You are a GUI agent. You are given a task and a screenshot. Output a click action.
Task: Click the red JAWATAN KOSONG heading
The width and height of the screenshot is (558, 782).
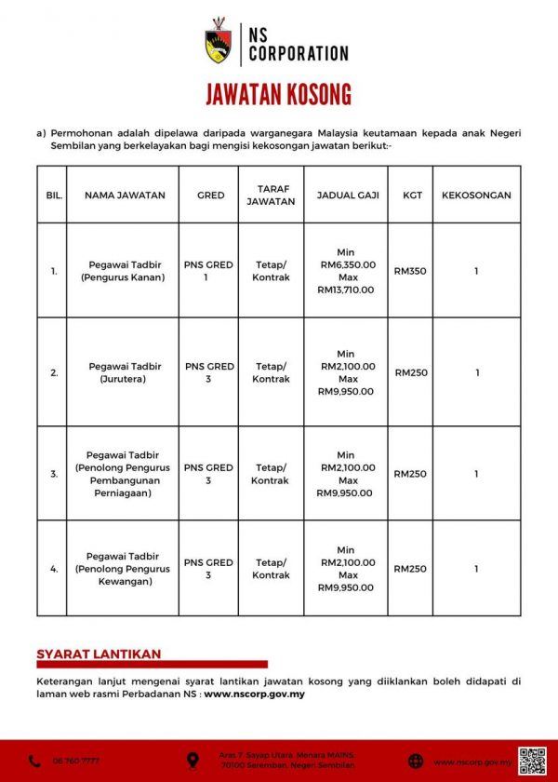[x=279, y=95]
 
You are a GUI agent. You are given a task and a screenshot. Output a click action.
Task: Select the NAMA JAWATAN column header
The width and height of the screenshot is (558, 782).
[x=125, y=195]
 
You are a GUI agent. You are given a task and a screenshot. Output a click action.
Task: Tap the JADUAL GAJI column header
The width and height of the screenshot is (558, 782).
[x=346, y=195]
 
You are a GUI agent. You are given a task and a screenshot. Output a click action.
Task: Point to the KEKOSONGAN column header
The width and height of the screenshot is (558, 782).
[x=476, y=195]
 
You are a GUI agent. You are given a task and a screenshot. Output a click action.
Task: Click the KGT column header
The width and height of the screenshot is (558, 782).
[x=410, y=195]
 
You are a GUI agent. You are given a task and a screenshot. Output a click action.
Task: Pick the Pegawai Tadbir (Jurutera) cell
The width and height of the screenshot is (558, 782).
[x=125, y=372]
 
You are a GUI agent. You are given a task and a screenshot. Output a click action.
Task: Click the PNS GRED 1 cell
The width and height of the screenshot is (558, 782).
[x=208, y=271]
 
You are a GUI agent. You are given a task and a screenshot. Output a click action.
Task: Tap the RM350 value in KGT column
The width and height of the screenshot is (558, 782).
[x=410, y=271]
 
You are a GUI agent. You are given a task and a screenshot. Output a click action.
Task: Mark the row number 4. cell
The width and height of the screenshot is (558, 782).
[x=54, y=569]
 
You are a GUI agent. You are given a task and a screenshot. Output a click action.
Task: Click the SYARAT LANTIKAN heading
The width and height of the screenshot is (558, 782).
[x=99, y=654]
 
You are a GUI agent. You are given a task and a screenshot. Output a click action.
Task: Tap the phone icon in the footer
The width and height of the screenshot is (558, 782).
[x=34, y=762]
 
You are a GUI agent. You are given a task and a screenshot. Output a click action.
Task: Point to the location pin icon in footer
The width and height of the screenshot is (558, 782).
[x=193, y=761]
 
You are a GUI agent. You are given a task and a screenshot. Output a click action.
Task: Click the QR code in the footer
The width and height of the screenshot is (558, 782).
[x=531, y=760]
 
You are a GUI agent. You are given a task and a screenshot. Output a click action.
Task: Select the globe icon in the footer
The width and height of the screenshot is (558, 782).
[x=416, y=762]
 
